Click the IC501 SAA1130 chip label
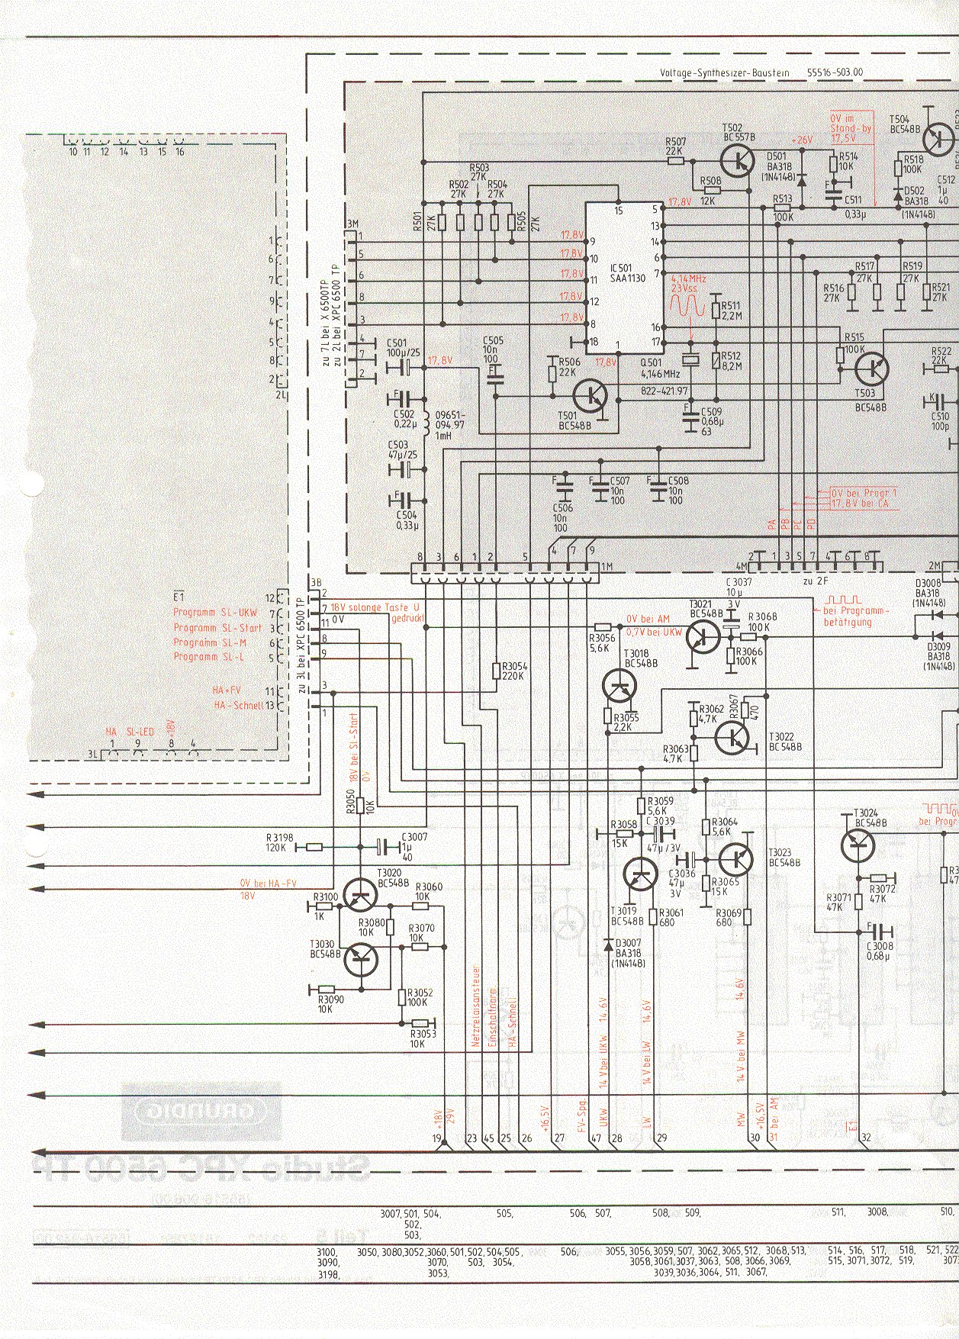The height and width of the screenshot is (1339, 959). click(x=628, y=273)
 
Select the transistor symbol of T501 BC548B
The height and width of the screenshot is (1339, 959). click(x=591, y=395)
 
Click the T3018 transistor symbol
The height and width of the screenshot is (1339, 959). click(x=619, y=686)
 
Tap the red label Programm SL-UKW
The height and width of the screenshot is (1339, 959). click(x=216, y=613)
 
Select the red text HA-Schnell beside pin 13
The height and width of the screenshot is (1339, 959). click(x=238, y=707)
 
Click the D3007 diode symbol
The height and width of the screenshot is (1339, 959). click(x=608, y=945)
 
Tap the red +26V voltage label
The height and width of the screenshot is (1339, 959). click(x=802, y=141)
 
